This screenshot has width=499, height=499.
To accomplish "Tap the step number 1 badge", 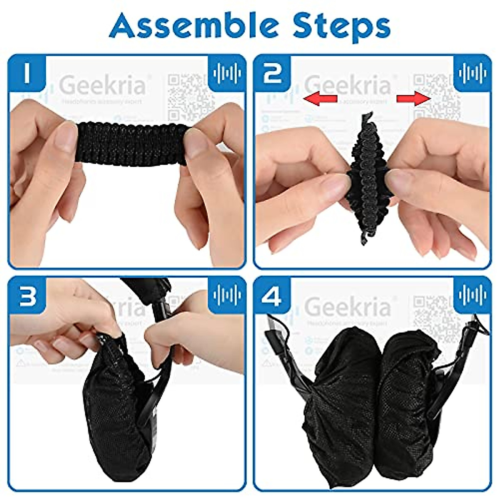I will [x=26, y=73].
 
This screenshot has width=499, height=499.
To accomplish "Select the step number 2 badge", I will [x=272, y=73].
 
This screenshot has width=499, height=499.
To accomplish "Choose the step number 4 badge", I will [x=272, y=296].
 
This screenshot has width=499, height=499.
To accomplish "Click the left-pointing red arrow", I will [x=320, y=99].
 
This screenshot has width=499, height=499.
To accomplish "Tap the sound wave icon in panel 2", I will [x=472, y=73].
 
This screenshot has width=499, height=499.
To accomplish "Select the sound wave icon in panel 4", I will [x=472, y=295].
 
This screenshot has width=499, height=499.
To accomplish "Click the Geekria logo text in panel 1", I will [x=102, y=86].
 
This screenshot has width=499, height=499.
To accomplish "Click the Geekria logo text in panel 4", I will [x=348, y=307].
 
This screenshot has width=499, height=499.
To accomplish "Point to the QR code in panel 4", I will [x=435, y=318].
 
